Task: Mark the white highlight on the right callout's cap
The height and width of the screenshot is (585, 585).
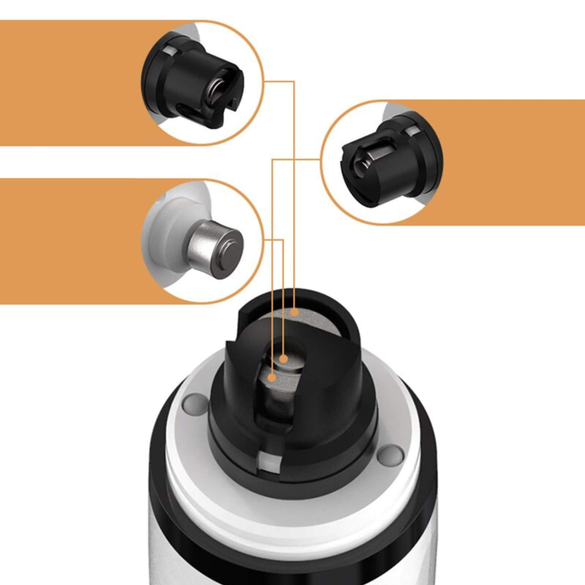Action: [414, 131]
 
